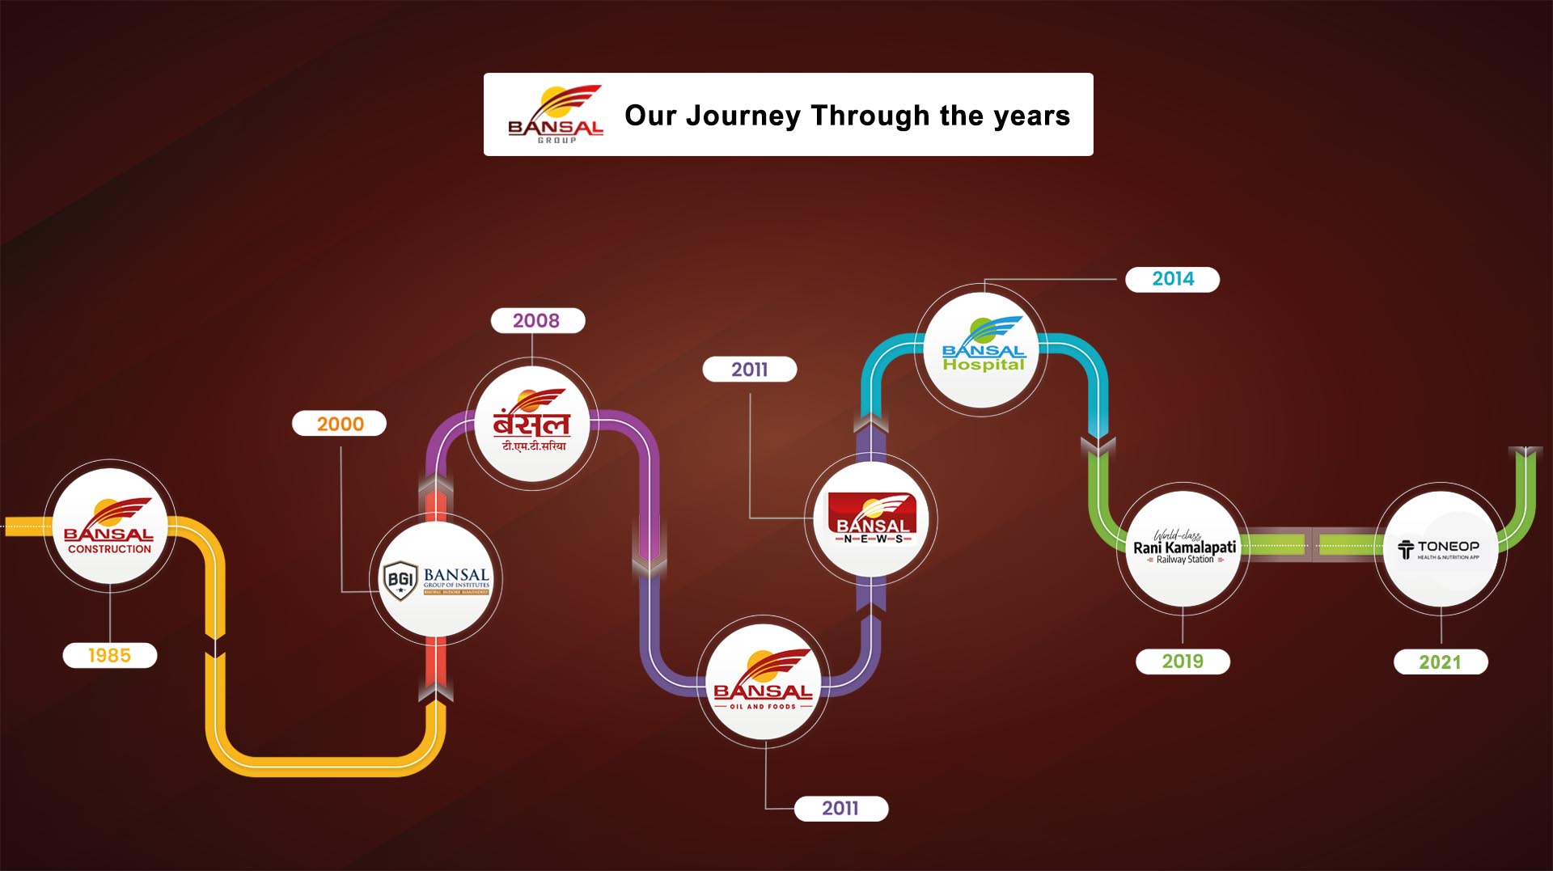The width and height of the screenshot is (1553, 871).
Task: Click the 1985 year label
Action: point(109,655)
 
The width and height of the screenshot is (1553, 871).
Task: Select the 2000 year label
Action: point(340,424)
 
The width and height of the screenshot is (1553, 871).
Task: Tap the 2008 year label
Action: point(536,320)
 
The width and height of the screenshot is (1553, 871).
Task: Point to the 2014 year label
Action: point(1173,279)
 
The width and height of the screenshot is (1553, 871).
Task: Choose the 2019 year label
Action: point(1183,662)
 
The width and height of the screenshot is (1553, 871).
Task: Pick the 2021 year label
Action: point(1440,662)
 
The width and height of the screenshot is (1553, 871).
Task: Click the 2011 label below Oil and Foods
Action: point(840,809)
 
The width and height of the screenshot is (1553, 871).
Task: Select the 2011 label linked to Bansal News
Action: point(750,370)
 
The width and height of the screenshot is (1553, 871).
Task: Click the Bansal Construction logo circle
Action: point(109,526)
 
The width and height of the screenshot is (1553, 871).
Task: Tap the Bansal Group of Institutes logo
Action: point(436,580)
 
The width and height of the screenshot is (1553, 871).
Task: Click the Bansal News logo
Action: point(872,518)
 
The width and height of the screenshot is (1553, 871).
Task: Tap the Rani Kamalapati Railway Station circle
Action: point(1183,548)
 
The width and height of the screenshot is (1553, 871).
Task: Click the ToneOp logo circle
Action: point(1441,549)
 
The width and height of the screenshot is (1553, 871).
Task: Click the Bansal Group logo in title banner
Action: point(556,115)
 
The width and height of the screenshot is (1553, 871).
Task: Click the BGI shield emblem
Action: point(400,580)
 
